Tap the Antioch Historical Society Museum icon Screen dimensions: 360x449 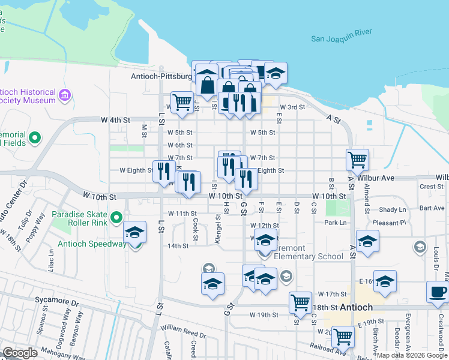click(x=65, y=95)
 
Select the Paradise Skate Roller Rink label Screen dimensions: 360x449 click(x=80, y=219)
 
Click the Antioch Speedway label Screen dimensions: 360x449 click(x=92, y=244)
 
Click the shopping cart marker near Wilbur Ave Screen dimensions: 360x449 click(x=357, y=160)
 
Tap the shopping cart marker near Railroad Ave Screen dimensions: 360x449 click(x=343, y=337)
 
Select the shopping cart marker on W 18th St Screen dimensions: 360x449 click(x=300, y=302)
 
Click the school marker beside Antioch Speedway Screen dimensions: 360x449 click(x=135, y=232)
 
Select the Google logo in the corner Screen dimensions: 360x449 click(x=20, y=353)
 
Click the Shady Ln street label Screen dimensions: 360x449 click(x=393, y=209)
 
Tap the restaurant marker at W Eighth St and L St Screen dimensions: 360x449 click(x=164, y=172)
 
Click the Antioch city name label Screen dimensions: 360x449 click(x=357, y=307)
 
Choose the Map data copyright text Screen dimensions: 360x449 click(x=412, y=355)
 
